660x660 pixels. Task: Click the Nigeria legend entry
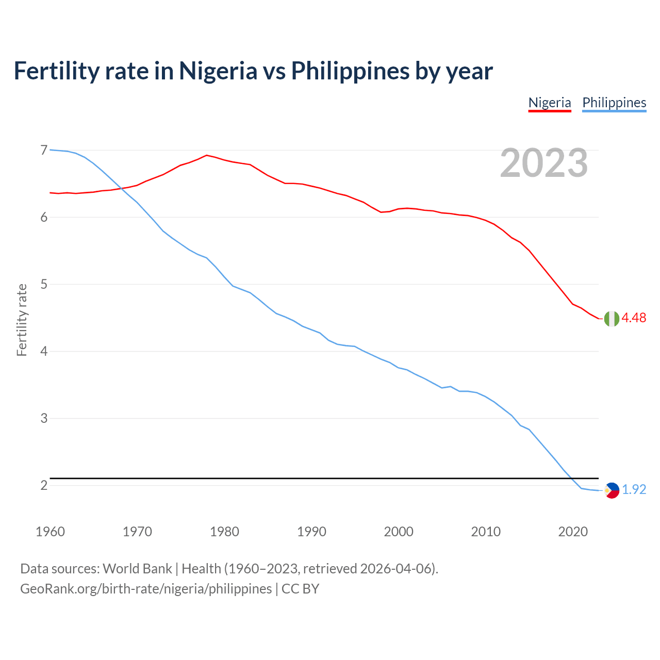tap(550, 103)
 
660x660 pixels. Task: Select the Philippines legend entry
tap(614, 103)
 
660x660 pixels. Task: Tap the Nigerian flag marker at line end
tap(612, 319)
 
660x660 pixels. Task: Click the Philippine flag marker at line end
tap(612, 490)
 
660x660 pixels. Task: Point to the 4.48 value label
tap(634, 318)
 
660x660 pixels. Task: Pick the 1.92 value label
tap(634, 489)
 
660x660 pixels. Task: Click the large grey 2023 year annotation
tap(544, 163)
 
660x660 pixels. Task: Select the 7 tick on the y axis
tap(44, 150)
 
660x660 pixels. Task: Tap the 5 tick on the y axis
tap(44, 284)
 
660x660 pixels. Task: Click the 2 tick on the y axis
tap(44, 485)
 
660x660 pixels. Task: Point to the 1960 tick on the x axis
tap(50, 532)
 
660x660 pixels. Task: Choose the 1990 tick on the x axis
tap(311, 532)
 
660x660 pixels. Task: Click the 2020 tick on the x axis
tap(573, 532)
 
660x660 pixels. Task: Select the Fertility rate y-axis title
tap(22, 320)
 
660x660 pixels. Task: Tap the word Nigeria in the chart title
tap(218, 71)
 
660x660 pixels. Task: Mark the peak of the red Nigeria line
tap(207, 155)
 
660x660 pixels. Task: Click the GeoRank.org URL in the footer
tap(146, 589)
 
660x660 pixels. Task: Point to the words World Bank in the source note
tap(137, 569)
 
